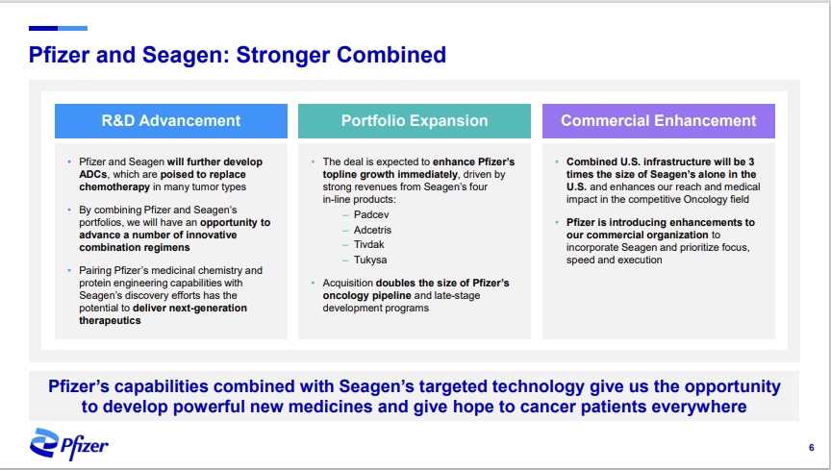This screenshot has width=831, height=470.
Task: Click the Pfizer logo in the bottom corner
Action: click(69, 444)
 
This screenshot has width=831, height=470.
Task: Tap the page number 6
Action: click(811, 448)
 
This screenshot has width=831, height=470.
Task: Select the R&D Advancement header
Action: click(171, 121)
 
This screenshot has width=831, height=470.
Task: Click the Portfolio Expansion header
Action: click(415, 121)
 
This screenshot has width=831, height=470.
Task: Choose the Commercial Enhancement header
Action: click(658, 121)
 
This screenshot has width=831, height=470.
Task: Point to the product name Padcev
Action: click(371, 214)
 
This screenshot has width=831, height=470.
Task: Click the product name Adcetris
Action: click(372, 230)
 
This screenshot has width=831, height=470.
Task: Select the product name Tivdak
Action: click(369, 244)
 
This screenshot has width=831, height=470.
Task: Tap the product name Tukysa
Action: click(370, 260)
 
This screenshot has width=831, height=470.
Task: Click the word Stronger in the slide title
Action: click(282, 55)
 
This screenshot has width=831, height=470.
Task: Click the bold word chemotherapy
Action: click(114, 187)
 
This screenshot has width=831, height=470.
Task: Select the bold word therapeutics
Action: click(110, 321)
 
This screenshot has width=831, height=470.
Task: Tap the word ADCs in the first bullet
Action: click(92, 174)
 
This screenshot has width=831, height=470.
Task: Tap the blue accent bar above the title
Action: click(58, 28)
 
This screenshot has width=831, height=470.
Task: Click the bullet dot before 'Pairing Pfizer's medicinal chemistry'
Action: click(69, 270)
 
